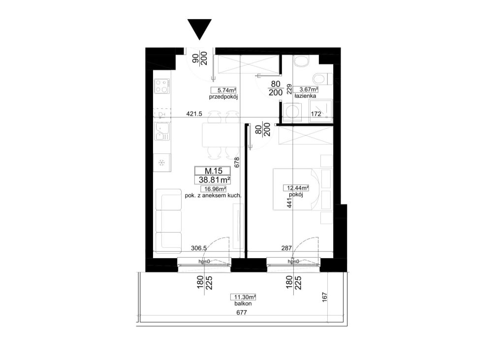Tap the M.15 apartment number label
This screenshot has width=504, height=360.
tap(213, 171)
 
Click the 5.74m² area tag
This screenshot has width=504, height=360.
tap(224, 90)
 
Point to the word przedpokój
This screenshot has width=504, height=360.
tap(223, 97)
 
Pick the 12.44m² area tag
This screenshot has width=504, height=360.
tap(296, 188)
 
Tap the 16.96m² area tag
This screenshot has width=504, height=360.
tap(213, 189)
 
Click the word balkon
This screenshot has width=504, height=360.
tap(243, 303)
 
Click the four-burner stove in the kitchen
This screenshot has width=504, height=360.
tap(161, 86)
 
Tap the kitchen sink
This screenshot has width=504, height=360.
tap(162, 131)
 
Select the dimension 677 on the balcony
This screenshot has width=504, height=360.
tap(241, 312)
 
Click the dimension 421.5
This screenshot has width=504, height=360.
tap(194, 114)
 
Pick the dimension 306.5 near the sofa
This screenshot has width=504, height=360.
tap(199, 248)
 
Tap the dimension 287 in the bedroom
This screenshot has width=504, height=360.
tap(286, 248)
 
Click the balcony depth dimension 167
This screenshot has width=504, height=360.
tap(324, 297)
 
